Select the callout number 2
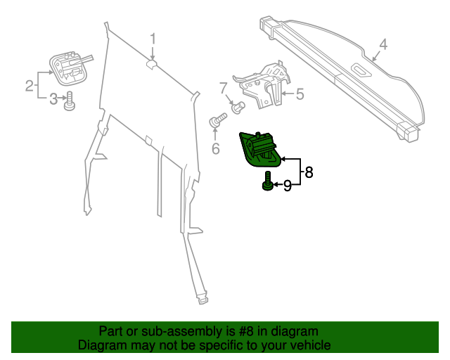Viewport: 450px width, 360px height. coord(30,86)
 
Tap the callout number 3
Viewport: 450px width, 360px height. coord(53,99)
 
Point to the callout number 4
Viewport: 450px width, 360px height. coord(382,45)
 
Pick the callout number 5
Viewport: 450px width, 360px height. coord(300,93)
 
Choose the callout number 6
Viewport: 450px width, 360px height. coord(216,148)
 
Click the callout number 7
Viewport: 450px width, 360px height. coord(223,89)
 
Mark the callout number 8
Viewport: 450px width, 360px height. coord(308,171)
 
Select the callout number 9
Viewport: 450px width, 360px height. coord(287,186)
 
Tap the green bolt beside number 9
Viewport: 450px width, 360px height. coord(268,181)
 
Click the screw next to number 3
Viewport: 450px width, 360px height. coord(69,102)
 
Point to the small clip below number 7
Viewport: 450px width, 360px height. coord(238,107)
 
